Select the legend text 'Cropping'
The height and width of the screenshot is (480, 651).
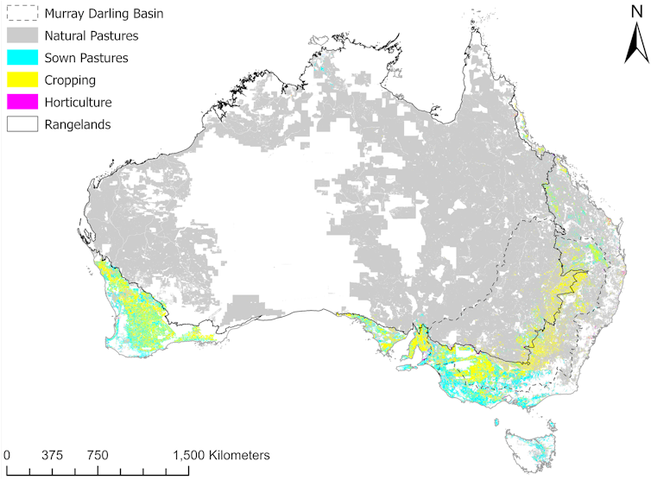tap(69, 80)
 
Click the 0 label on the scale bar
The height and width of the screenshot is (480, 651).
tap(7, 455)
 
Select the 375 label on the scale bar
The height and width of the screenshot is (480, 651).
tap(53, 455)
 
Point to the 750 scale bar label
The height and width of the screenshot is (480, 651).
tap(97, 455)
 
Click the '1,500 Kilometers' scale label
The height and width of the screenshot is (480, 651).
tap(223, 455)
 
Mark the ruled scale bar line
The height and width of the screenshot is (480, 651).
tap(97, 471)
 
